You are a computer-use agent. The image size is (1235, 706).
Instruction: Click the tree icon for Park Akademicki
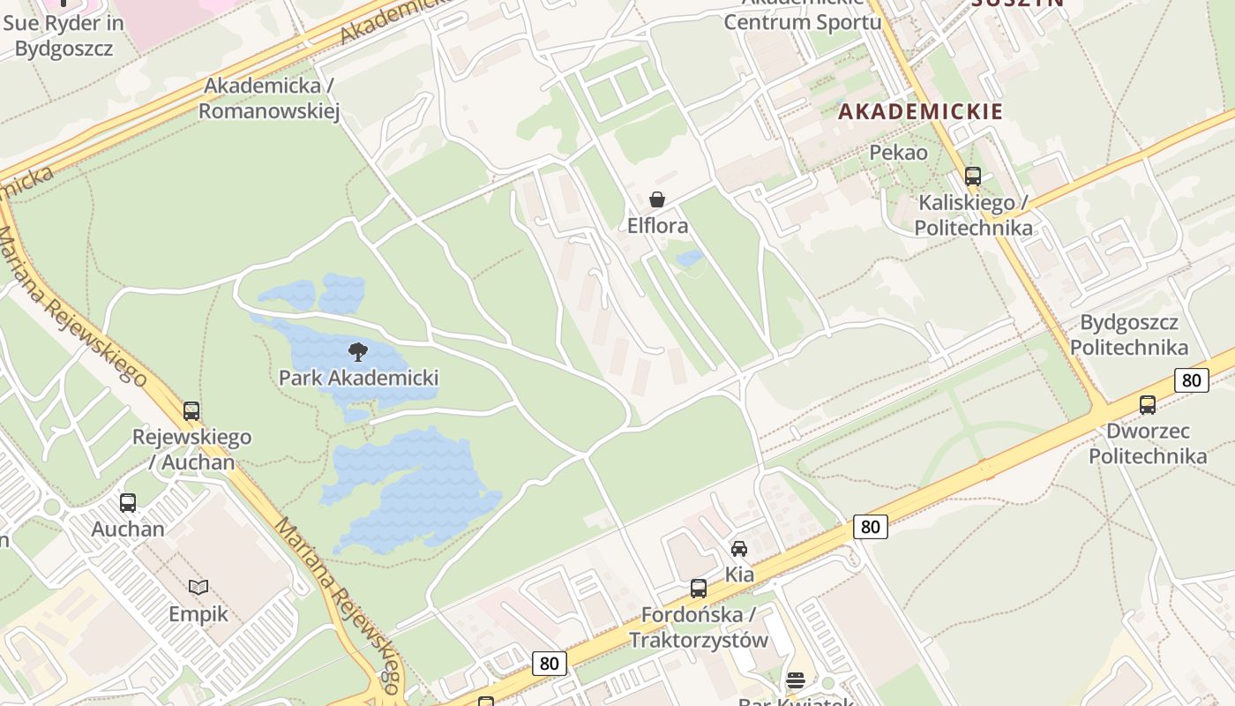pyautogui.click(x=358, y=352)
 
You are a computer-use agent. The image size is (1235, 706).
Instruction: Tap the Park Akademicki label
pyautogui.click(x=358, y=378)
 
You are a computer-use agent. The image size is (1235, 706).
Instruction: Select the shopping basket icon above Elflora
pyautogui.click(x=657, y=199)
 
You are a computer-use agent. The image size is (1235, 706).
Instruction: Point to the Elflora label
pyautogui.click(x=657, y=226)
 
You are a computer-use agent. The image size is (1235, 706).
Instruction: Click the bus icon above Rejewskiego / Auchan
pyautogui.click(x=191, y=410)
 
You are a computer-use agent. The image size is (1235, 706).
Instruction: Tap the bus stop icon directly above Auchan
pyautogui.click(x=128, y=503)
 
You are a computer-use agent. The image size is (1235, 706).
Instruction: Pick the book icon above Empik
pyautogui.click(x=198, y=587)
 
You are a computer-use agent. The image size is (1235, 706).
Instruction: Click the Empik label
pyautogui.click(x=198, y=614)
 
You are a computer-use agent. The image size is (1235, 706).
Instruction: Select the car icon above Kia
pyautogui.click(x=739, y=549)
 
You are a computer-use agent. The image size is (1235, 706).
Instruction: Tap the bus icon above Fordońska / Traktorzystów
pyautogui.click(x=699, y=588)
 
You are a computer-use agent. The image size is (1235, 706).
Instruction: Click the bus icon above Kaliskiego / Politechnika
pyautogui.click(x=973, y=176)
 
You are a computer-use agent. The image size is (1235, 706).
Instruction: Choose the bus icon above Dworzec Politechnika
pyautogui.click(x=1148, y=404)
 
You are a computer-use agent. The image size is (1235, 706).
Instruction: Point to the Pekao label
pyautogui.click(x=898, y=153)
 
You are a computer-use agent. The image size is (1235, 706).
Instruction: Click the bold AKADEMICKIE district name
pyautogui.click(x=920, y=111)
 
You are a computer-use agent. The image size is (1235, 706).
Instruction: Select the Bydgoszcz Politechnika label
pyautogui.click(x=1134, y=334)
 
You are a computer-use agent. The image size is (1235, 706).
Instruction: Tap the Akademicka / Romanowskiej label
pyautogui.click(x=269, y=98)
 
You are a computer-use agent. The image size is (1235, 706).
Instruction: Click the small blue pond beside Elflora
pyautogui.click(x=689, y=258)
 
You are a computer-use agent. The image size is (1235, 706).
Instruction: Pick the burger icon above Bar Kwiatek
pyautogui.click(x=796, y=680)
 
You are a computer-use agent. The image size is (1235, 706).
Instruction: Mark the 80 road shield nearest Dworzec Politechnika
pyautogui.click(x=1191, y=380)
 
